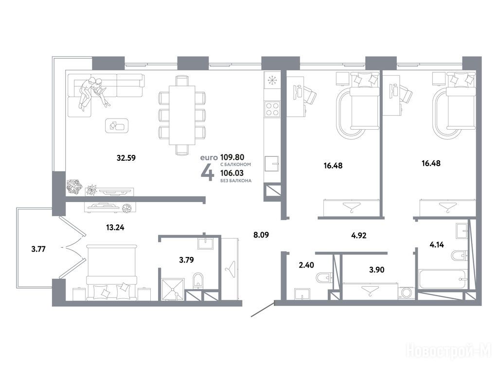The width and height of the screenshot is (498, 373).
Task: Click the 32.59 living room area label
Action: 126,158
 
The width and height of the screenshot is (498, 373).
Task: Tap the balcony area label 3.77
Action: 38,249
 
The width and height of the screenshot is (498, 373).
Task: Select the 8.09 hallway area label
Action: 261,235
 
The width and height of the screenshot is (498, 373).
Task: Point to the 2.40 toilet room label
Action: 306,265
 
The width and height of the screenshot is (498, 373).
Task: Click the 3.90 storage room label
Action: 377,270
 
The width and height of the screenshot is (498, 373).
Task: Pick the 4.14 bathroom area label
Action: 437,245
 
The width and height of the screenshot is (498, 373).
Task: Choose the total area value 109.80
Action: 232,157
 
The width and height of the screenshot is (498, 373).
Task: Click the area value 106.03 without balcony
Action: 232,173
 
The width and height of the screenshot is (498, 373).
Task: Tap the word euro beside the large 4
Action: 209,157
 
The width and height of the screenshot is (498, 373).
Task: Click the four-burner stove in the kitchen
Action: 272,109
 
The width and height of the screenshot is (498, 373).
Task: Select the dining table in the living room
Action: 182,115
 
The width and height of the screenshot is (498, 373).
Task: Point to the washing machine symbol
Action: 406,292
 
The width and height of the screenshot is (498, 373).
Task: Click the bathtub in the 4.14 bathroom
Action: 442,279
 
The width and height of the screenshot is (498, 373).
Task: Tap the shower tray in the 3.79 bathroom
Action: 173,289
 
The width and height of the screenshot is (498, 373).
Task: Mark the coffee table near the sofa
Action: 117,126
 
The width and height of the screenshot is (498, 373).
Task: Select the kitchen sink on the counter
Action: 272,164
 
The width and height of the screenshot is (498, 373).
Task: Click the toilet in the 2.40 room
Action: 324,278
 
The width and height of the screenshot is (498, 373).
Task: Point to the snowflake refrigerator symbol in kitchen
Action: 272,80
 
